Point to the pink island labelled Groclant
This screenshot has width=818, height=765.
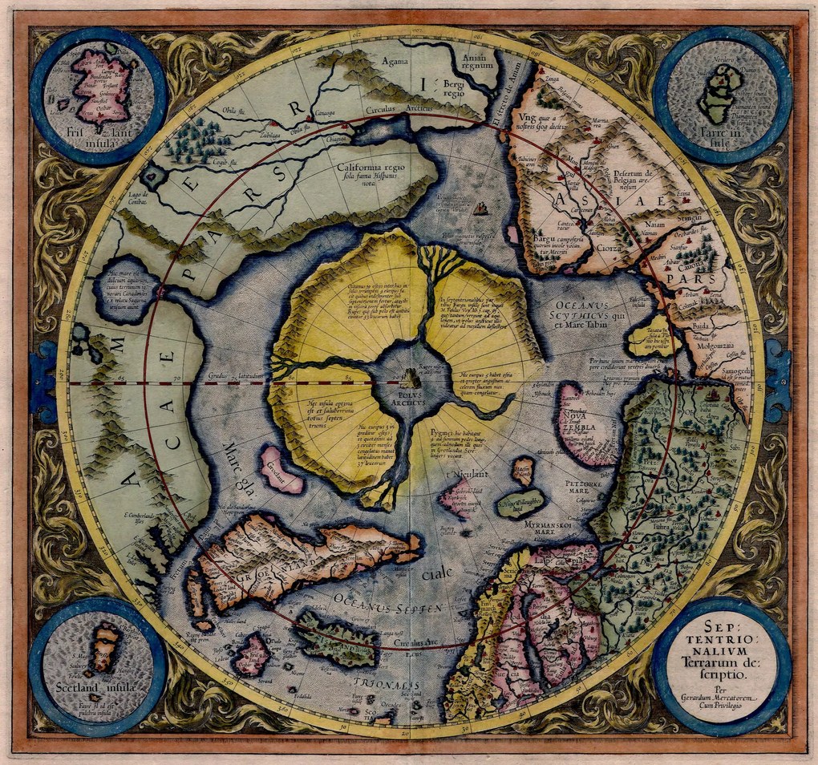281,470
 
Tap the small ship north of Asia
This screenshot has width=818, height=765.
481,210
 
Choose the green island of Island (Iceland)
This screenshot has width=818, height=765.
335,639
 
